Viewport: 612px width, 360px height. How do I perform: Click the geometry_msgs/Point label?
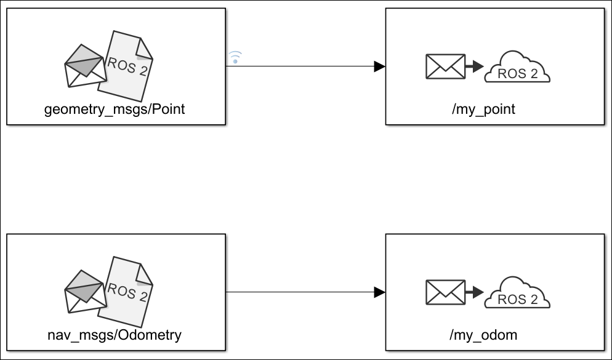tap(115, 109)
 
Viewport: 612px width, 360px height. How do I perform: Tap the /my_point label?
tap(483, 109)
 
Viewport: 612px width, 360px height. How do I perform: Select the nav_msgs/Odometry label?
tap(115, 335)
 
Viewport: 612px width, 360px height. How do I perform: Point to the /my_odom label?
tap(483, 335)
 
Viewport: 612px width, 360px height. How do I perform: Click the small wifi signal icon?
tap(235, 57)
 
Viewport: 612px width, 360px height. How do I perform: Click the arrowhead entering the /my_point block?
tap(379, 66)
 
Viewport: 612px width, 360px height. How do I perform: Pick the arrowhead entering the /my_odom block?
tap(379, 292)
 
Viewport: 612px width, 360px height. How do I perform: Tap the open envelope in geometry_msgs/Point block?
tap(86, 66)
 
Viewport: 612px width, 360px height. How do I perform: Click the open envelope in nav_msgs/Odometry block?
tap(86, 292)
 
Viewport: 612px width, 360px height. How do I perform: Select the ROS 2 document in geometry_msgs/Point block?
tap(125, 66)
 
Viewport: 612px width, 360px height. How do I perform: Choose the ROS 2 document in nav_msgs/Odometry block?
tap(125, 292)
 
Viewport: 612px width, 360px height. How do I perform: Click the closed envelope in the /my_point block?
tap(445, 66)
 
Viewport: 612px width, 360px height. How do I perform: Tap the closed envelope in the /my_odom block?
tap(445, 292)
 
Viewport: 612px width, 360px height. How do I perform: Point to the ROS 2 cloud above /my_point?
tap(517, 66)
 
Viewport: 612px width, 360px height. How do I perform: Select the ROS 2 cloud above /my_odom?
tap(517, 292)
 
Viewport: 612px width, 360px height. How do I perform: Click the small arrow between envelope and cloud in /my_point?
tap(474, 66)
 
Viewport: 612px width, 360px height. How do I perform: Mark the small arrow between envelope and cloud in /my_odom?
tap(474, 292)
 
